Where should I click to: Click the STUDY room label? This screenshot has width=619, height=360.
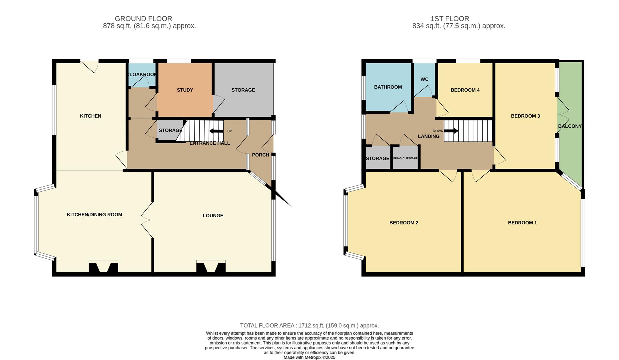pyautogui.click(x=185, y=90)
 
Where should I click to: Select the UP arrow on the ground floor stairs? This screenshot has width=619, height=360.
pyautogui.click(x=217, y=131)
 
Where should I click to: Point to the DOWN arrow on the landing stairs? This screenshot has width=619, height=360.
pyautogui.click(x=451, y=131)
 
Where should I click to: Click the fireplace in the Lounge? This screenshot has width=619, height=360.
pyautogui.click(x=211, y=267)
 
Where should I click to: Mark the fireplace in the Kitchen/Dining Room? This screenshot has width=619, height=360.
pyautogui.click(x=103, y=267)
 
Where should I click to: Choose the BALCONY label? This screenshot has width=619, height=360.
pyautogui.click(x=570, y=126)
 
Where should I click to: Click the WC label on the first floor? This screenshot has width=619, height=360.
pyautogui.click(x=424, y=79)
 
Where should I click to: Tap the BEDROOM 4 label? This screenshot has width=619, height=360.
pyautogui.click(x=465, y=90)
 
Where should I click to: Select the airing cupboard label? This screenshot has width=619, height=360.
pyautogui.click(x=405, y=158)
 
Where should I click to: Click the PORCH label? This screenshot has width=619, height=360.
pyautogui.click(x=260, y=155)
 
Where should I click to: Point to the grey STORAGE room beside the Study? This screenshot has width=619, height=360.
pyautogui.click(x=243, y=90)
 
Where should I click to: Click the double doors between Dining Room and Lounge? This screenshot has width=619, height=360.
pyautogui.click(x=147, y=220)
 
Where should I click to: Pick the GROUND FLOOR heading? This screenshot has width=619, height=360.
pyautogui.click(x=143, y=19)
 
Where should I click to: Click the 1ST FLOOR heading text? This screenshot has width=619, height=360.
pyautogui.click(x=449, y=19)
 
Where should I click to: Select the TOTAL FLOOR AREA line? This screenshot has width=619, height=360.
pyautogui.click(x=309, y=325)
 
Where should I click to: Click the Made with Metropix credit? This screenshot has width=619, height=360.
pyautogui.click(x=309, y=357)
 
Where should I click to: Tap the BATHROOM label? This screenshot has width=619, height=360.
pyautogui.click(x=388, y=87)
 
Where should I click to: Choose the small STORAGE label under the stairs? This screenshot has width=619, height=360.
pyautogui.click(x=170, y=130)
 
